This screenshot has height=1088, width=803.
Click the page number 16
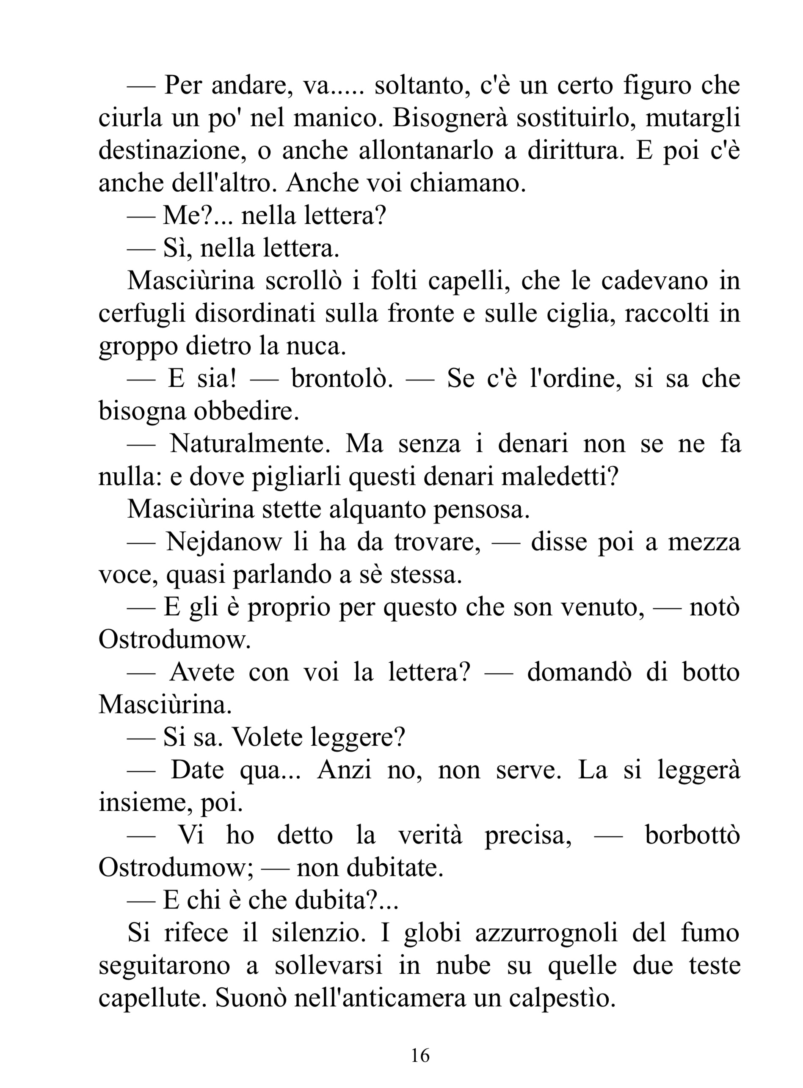click(420, 1055)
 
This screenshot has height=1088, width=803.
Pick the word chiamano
click(468, 183)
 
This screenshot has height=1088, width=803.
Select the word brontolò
click(342, 379)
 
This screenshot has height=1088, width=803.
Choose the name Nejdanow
click(224, 541)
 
